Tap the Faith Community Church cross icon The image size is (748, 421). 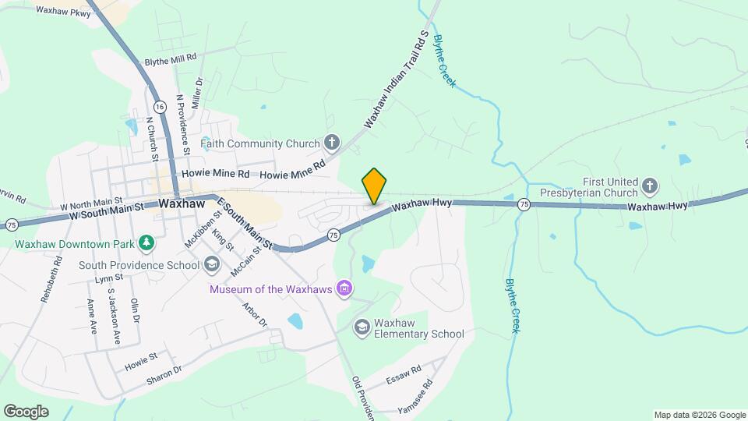click(x=332, y=143)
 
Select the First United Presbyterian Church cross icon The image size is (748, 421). click(x=650, y=186)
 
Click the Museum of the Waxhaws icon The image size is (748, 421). click(x=344, y=290)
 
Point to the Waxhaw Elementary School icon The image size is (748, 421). click(x=362, y=327)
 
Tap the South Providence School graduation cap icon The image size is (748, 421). click(x=211, y=265)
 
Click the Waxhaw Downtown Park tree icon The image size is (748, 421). click(x=146, y=243)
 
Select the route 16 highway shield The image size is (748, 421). click(x=159, y=105)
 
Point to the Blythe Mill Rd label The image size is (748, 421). click(x=171, y=60)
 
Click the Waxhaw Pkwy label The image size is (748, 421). click(x=63, y=12)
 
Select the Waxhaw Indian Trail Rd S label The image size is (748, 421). click(x=397, y=79)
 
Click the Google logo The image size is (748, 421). click(x=26, y=411)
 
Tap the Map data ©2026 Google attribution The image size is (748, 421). click(x=699, y=415)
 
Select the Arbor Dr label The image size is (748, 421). click(x=255, y=315)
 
